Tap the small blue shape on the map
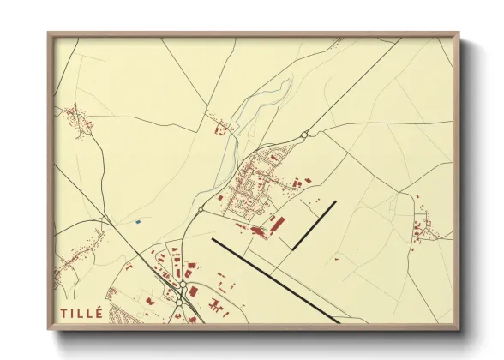[x=137, y=221]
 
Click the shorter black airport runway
[x=314, y=225]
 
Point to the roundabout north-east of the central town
[x=304, y=135]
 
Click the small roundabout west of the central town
[x=201, y=208]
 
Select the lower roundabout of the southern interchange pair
[x=179, y=303]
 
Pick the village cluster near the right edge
[x=423, y=227]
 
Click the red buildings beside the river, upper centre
[x=219, y=129]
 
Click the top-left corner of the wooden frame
[x=50, y=35]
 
